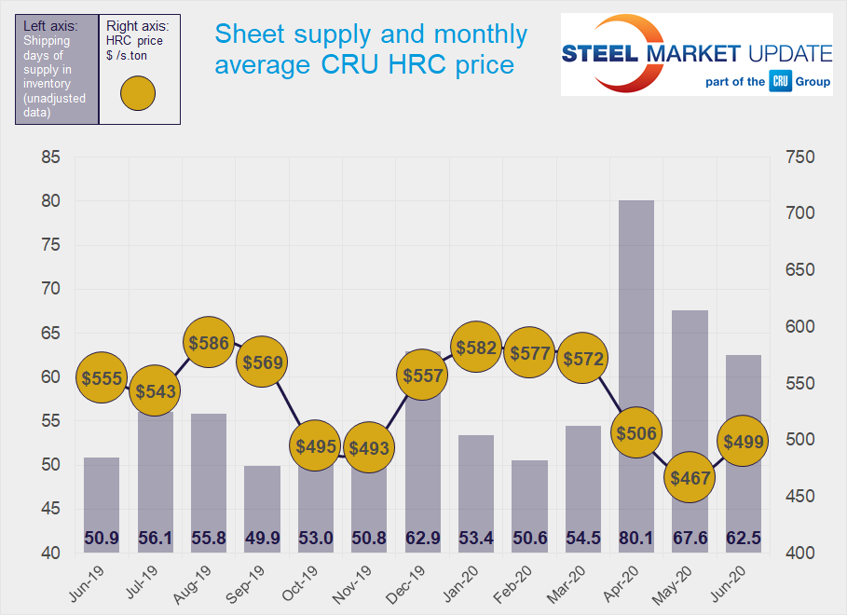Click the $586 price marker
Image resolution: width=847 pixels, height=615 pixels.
point(209,343)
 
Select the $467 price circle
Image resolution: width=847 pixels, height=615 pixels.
point(690,479)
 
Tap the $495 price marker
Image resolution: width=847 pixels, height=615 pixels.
point(315,446)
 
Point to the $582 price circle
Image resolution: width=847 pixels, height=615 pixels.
point(476,348)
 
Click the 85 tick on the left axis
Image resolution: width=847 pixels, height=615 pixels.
point(51,157)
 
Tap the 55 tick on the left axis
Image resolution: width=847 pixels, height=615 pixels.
point(51,421)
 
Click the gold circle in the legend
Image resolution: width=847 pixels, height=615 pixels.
point(138,93)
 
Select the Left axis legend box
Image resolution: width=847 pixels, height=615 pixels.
point(56,69)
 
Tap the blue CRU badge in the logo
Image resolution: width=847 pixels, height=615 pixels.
point(780,82)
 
